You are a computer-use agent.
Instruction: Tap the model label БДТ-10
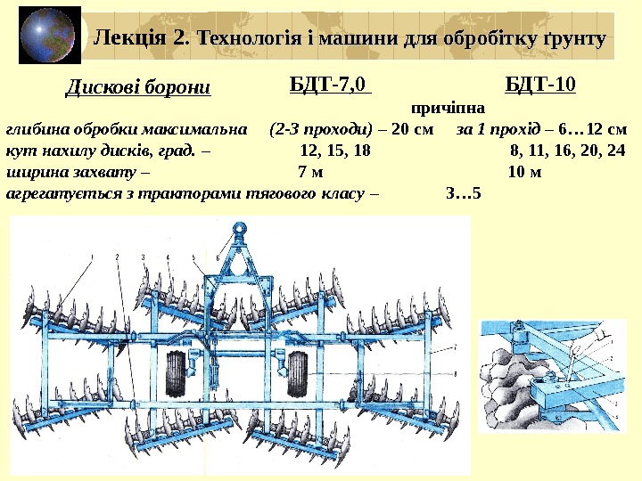(x=539, y=86)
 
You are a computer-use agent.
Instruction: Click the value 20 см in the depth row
(x=413, y=127)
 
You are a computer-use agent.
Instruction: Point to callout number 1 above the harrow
(x=90, y=257)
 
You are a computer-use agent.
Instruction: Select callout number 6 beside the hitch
(x=218, y=257)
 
